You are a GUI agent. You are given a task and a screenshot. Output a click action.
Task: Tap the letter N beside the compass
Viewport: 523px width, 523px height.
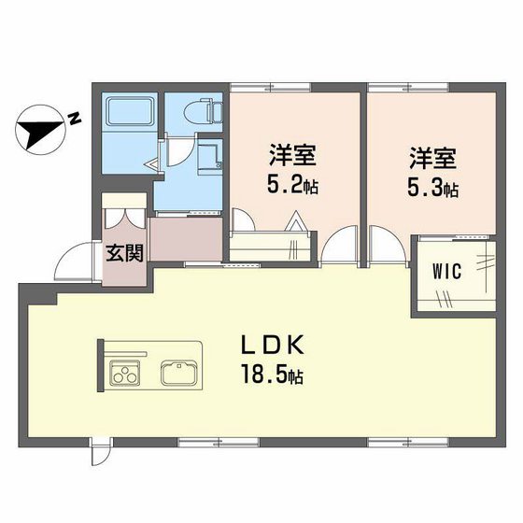(73, 118)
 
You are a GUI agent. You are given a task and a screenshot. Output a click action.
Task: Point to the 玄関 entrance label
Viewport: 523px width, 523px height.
(123, 251)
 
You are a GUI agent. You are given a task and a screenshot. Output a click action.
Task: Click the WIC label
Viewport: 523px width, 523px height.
(445, 272)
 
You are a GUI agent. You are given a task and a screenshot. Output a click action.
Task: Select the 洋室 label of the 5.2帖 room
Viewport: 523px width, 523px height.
(291, 154)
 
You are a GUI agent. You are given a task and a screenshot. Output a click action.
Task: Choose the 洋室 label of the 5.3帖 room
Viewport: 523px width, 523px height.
(431, 155)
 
